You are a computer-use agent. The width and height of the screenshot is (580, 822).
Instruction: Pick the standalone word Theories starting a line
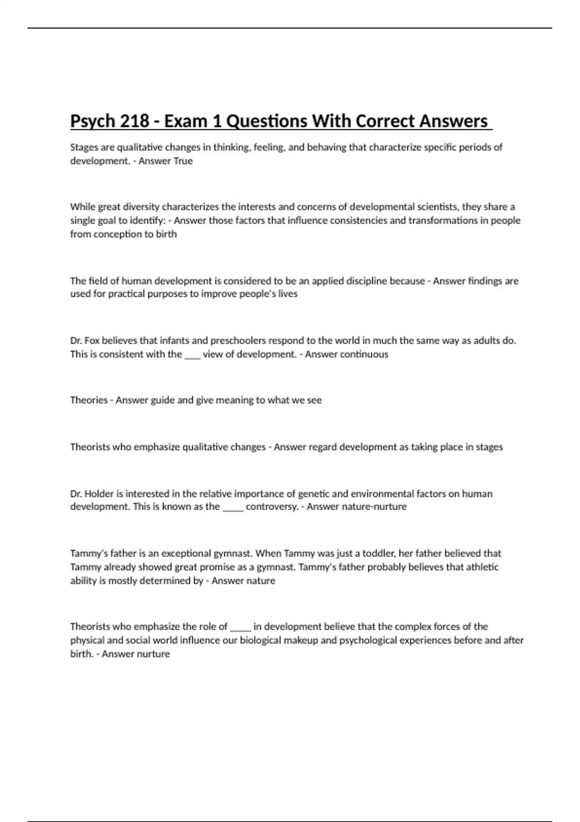tap(89, 400)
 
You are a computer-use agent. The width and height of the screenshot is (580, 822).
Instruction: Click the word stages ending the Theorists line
tap(489, 447)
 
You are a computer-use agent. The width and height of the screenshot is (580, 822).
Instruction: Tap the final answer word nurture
tap(153, 654)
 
